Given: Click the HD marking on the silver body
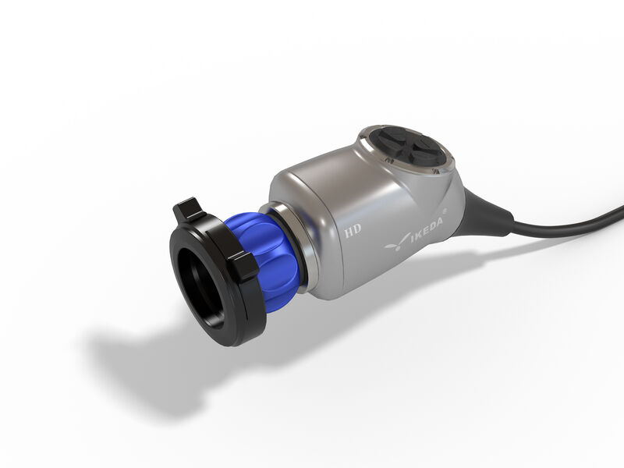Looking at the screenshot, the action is click(x=353, y=230).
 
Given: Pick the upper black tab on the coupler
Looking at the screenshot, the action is click(x=189, y=209).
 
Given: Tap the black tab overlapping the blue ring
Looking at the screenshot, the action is click(x=243, y=266).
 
